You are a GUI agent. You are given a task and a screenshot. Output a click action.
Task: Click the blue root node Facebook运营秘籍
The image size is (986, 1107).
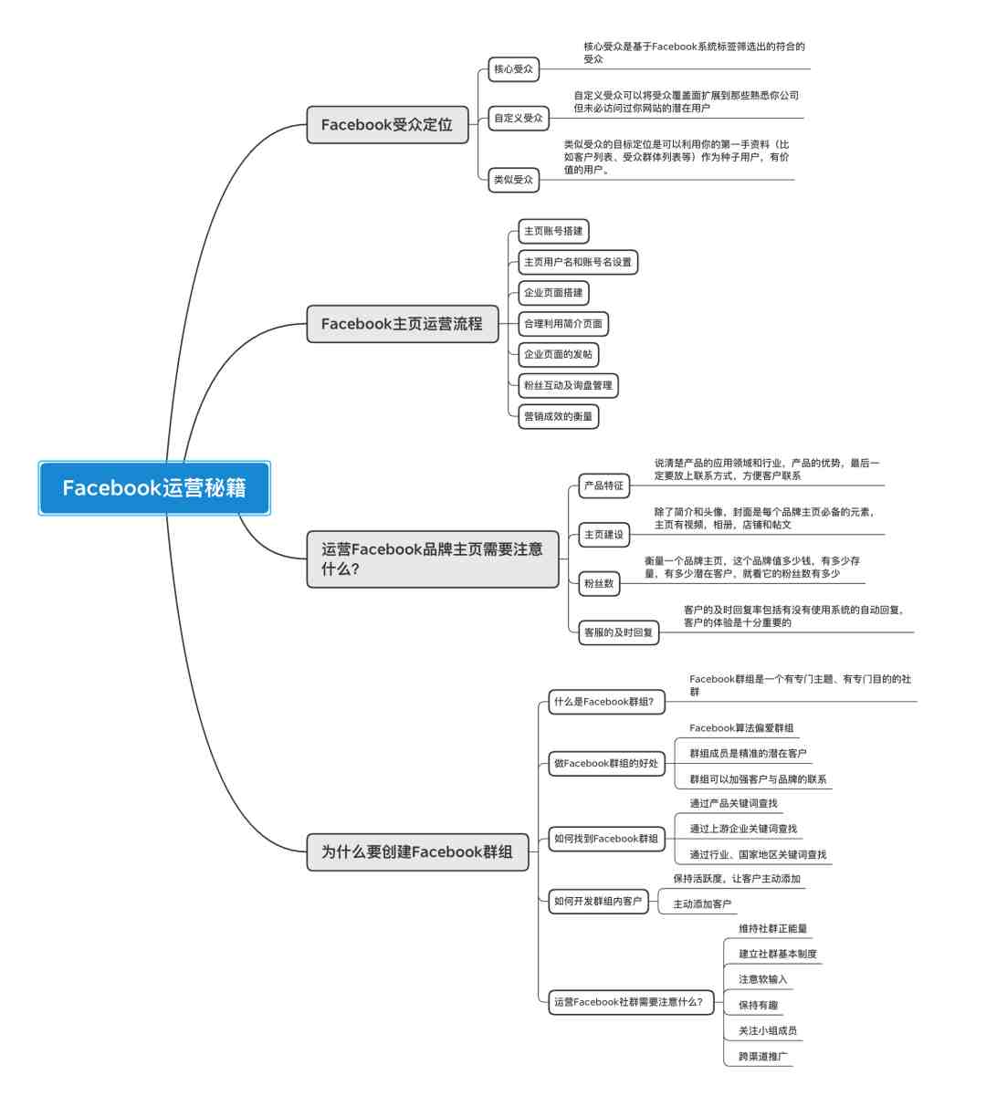tap(154, 488)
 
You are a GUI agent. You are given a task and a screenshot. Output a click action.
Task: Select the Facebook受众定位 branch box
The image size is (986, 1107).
tap(387, 125)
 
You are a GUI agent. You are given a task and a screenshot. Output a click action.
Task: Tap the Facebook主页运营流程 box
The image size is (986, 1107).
tap(403, 324)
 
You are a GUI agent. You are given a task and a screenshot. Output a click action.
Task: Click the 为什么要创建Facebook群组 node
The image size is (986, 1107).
tap(417, 851)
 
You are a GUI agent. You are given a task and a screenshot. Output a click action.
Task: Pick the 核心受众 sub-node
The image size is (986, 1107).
tap(513, 69)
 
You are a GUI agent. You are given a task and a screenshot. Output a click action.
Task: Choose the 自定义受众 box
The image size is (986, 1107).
tap(519, 118)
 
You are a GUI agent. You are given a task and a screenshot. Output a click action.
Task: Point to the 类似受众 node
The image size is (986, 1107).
tap(513, 180)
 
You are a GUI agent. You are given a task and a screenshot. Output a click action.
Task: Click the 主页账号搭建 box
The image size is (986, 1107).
tap(553, 231)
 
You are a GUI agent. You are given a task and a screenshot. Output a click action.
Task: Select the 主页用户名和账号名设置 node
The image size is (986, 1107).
tap(578, 262)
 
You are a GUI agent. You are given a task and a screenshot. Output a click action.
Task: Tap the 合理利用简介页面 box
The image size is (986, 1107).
tap(563, 324)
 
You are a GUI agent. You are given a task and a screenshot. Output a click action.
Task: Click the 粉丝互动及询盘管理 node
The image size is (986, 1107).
tap(568, 386)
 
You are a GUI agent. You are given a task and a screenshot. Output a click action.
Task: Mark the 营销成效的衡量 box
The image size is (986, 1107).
tap(558, 417)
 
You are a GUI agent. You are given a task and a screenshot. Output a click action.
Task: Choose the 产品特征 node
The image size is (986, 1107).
tap(603, 486)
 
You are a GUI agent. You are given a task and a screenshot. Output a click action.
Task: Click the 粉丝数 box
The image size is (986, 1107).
tap(599, 583)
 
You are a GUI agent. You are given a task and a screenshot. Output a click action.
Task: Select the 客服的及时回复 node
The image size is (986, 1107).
tap(618, 632)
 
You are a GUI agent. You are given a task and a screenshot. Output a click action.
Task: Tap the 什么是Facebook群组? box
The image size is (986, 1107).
tap(606, 702)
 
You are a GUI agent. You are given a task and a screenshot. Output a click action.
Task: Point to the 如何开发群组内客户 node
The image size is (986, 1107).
tap(598, 901)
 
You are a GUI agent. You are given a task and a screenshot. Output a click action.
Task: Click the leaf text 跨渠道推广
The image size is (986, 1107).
tap(763, 1056)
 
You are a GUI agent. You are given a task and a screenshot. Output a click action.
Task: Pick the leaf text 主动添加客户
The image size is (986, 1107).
tap(702, 904)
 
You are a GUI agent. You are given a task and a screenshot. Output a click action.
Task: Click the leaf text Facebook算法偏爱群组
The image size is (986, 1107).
tap(741, 728)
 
